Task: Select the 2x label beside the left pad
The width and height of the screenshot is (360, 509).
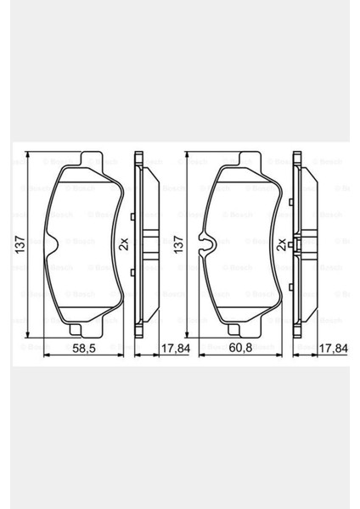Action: coord(123,244)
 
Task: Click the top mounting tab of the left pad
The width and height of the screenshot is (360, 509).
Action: coord(86,158)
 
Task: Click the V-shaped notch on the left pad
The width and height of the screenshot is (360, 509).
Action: coord(48,245)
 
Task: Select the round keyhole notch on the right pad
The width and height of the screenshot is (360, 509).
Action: coord(204,244)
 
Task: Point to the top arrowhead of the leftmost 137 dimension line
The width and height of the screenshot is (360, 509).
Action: coord(29,156)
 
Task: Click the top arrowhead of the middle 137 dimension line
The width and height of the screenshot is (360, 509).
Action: coord(186,156)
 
